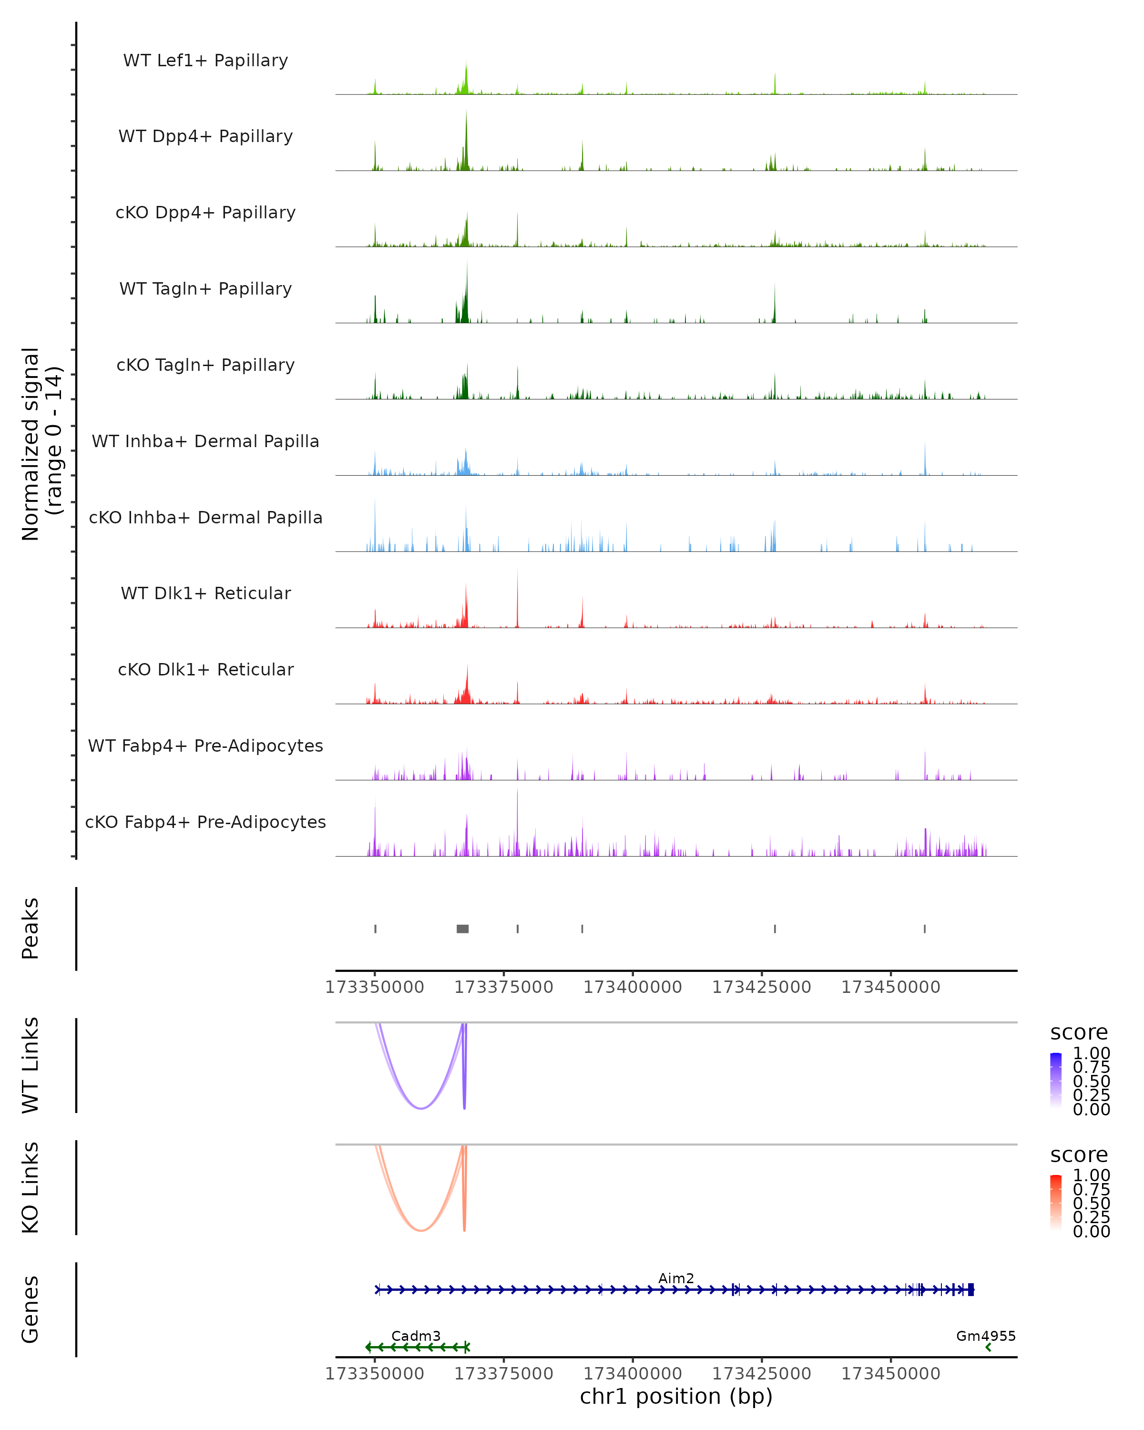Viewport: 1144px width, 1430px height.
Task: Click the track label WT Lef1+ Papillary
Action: [x=205, y=61]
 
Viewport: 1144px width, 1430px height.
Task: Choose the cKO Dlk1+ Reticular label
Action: [x=205, y=669]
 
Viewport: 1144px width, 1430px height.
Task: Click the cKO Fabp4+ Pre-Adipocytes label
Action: [x=205, y=822]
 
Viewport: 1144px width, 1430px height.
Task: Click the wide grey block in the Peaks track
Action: [x=462, y=929]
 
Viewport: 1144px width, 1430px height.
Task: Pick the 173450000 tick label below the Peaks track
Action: [x=891, y=987]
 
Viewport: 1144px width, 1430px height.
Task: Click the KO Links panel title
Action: [x=31, y=1187]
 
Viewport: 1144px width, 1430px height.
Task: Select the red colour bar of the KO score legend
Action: [x=1056, y=1203]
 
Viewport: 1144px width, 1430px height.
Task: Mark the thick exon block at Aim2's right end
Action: [x=971, y=1289]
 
